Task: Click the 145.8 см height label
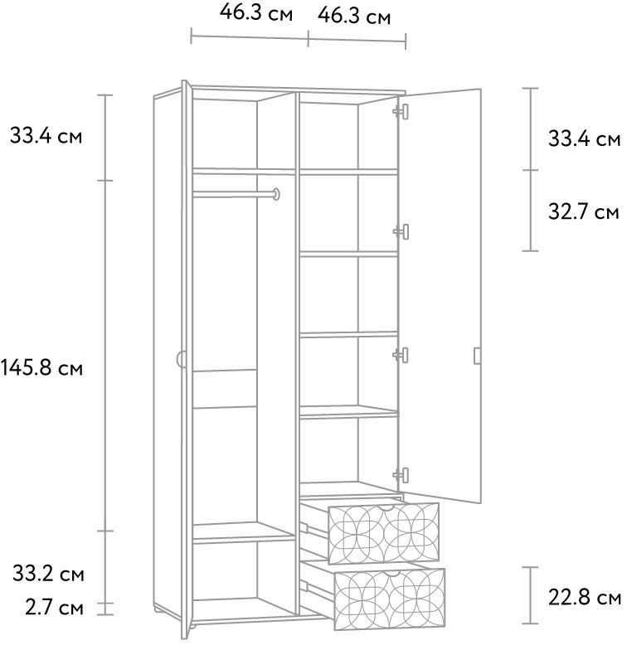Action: coord(42,367)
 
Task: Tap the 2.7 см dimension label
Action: coord(54,608)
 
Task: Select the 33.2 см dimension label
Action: coord(48,574)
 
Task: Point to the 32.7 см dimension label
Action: coord(584,212)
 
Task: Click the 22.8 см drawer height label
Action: coord(585,597)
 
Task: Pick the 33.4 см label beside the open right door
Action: coord(584,138)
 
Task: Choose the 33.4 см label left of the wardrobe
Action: coord(46,135)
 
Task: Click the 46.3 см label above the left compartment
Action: coord(256,12)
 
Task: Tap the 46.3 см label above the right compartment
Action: coord(354,16)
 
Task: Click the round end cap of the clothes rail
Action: coord(276,194)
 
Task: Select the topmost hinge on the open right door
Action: coord(401,111)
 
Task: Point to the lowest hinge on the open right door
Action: coord(401,475)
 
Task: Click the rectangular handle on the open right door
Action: coord(477,356)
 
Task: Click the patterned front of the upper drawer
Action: coord(383,533)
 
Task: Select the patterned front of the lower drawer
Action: coord(390,599)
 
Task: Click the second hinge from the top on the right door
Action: coord(401,231)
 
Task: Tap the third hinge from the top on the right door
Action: coord(401,355)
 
